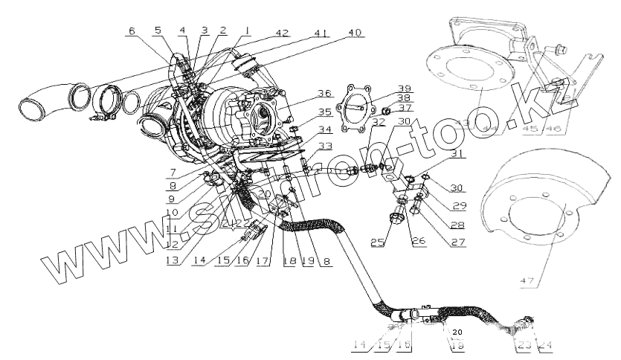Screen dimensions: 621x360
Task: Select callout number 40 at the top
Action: click(x=355, y=33)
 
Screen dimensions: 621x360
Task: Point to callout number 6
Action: click(x=132, y=31)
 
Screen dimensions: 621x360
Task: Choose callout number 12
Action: click(x=172, y=242)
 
